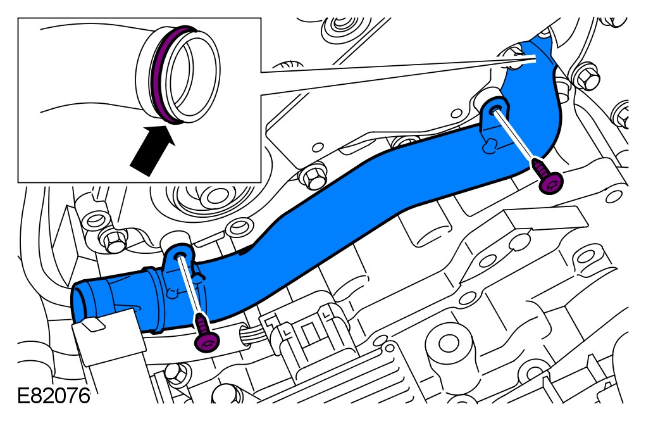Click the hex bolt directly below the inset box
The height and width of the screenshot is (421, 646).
tap(311, 179)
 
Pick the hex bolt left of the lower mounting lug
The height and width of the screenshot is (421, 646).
tap(115, 240)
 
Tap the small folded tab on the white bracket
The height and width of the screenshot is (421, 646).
tap(91, 324)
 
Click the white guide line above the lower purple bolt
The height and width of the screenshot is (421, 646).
tap(190, 285)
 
